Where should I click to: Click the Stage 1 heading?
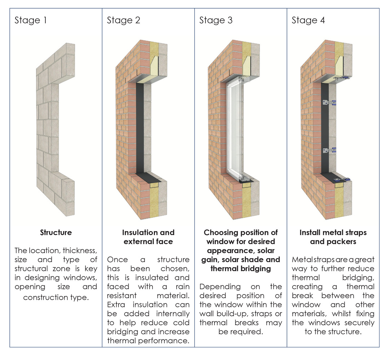point(31,20)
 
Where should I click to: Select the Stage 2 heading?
point(124,20)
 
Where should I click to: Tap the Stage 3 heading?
point(216,20)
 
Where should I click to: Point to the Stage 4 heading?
point(308,20)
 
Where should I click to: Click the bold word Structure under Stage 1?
point(56,233)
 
